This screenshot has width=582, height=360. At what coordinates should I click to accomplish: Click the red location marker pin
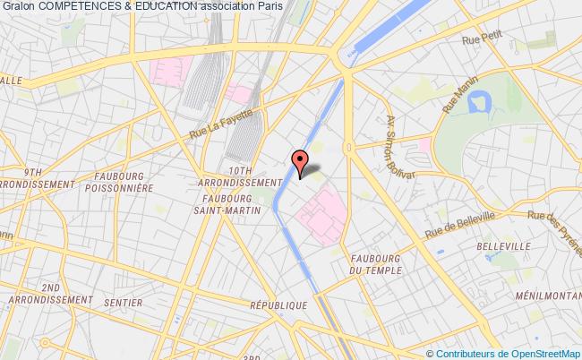[x=300, y=161]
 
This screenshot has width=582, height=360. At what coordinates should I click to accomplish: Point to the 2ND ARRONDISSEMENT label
[x=49, y=294]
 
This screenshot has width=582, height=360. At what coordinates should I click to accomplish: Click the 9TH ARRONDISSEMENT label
[x=36, y=176]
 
